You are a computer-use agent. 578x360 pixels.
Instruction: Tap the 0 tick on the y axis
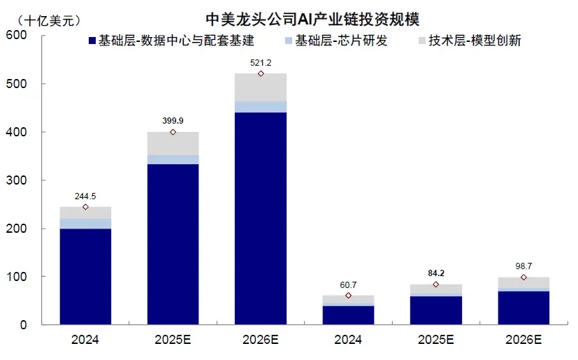[23, 325]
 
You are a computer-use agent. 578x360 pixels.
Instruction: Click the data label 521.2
[261, 63]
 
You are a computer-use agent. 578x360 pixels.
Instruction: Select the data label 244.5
[85, 196]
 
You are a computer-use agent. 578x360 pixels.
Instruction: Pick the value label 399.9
[173, 122]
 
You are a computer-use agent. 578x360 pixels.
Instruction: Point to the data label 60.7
[348, 285]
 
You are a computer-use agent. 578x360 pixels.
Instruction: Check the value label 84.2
[436, 274]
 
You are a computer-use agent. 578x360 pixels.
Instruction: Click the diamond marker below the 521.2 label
[261, 73]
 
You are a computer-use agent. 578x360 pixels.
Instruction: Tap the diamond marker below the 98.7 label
[523, 278]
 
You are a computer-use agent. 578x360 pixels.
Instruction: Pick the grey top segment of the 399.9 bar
[173, 143]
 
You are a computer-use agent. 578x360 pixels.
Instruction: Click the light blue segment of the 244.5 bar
[85, 224]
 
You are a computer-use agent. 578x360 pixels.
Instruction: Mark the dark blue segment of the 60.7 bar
[348, 315]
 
